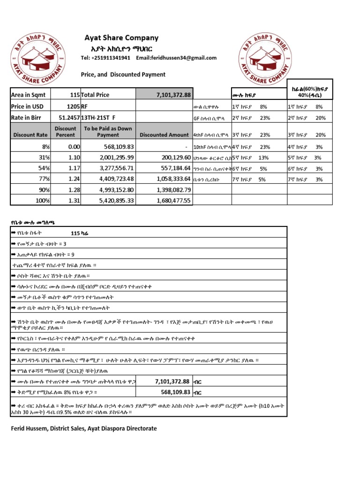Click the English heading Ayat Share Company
(x=121, y=38)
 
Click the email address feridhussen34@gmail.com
(x=176, y=58)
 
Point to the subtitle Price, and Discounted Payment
(x=123, y=75)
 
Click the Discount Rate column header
(x=30, y=135)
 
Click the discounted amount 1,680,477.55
(x=171, y=201)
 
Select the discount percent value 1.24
(x=74, y=179)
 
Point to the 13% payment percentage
(x=263, y=157)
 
